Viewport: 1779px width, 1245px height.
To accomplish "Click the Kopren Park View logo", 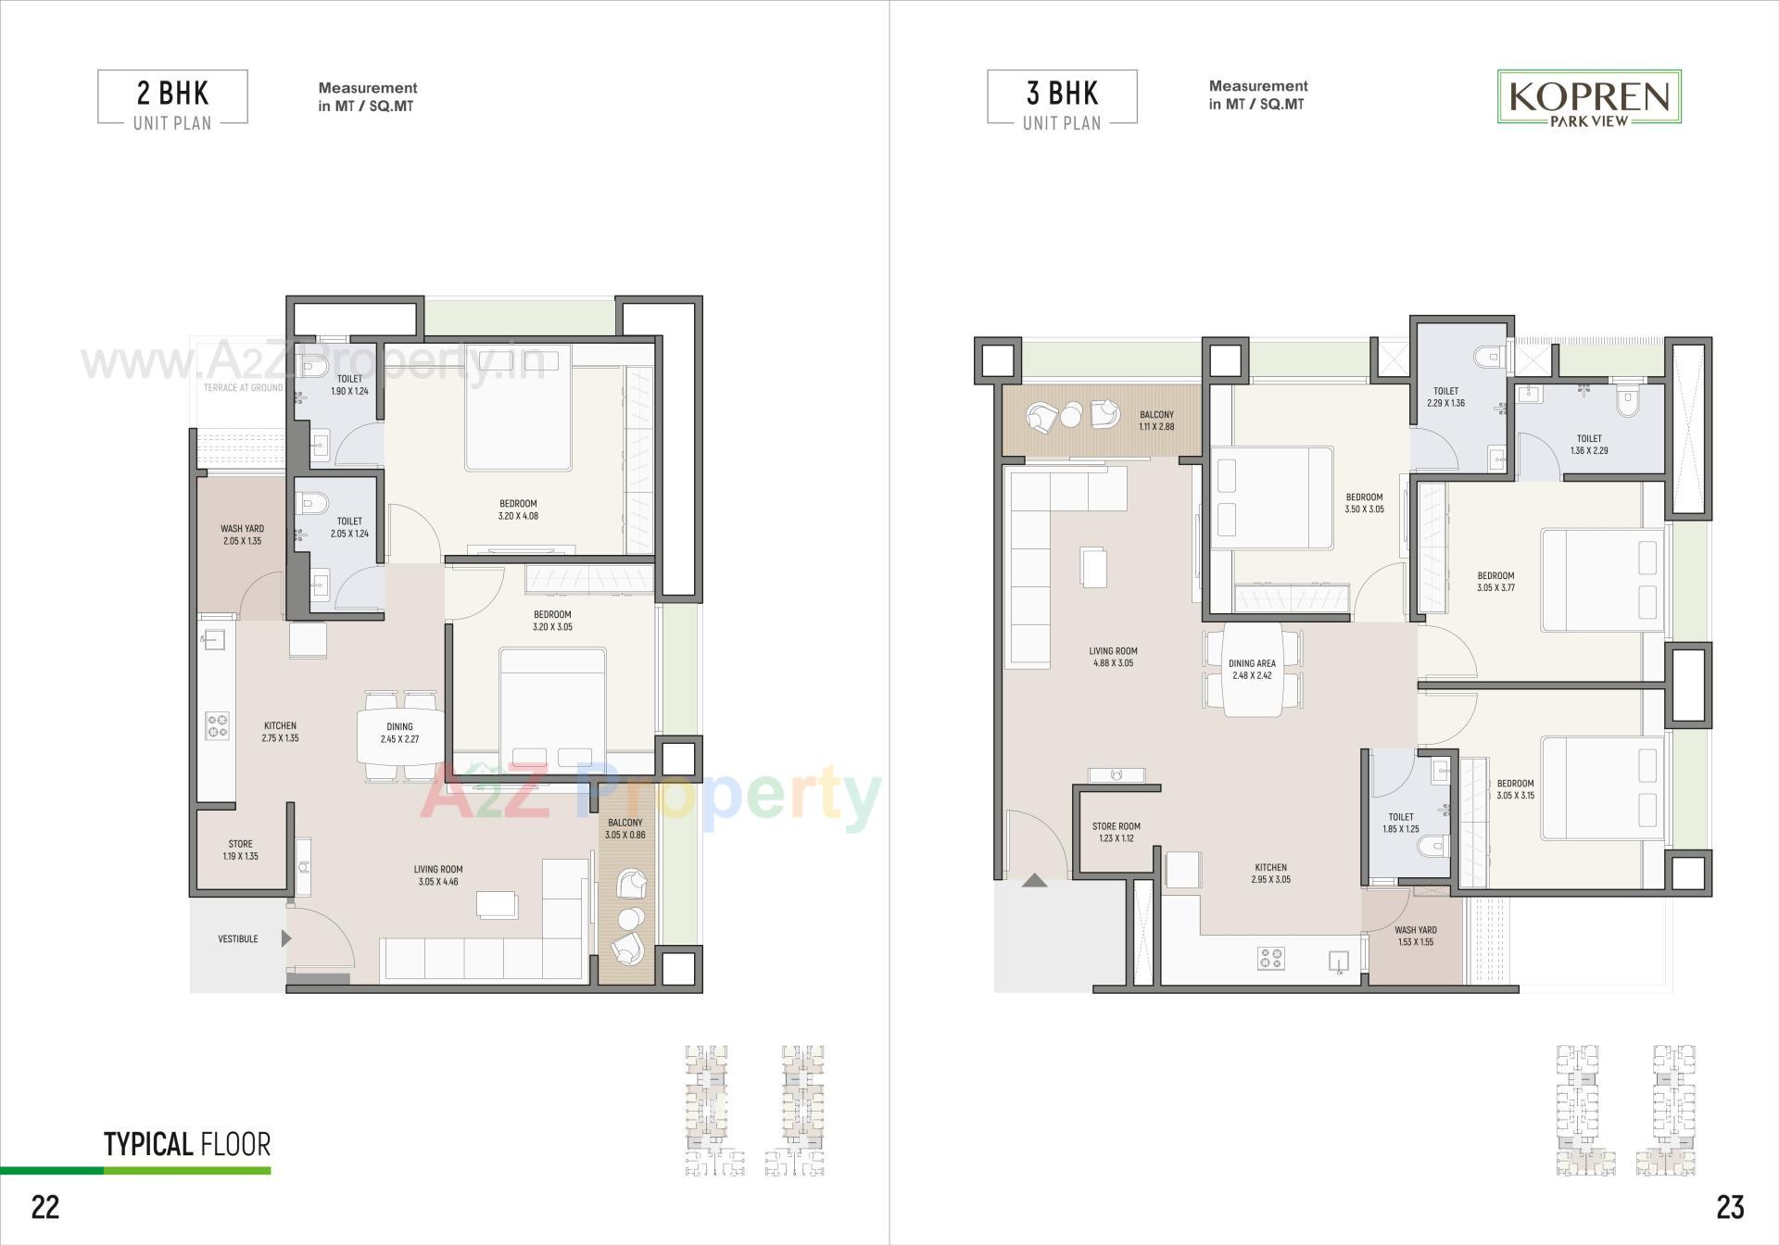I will pyautogui.click(x=1590, y=97).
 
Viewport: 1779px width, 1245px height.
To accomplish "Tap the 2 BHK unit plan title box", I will pyautogui.click(x=172, y=97).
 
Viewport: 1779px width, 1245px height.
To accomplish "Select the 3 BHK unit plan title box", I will pyautogui.click(x=1062, y=97).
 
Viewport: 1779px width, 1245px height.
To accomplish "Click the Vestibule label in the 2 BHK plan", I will pyautogui.click(x=238, y=938).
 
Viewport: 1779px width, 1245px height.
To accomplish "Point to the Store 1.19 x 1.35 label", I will pyautogui.click(x=240, y=850).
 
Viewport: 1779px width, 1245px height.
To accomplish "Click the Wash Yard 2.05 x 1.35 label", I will pyautogui.click(x=242, y=534).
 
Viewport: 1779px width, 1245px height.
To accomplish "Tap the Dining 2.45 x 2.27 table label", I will pyautogui.click(x=399, y=733).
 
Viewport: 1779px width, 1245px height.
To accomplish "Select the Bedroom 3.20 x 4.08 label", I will pyautogui.click(x=518, y=510).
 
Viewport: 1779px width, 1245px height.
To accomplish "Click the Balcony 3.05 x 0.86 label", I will pyautogui.click(x=625, y=828).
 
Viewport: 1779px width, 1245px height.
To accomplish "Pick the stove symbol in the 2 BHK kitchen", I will pyautogui.click(x=218, y=725).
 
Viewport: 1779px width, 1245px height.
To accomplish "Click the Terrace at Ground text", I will pyautogui.click(x=243, y=387).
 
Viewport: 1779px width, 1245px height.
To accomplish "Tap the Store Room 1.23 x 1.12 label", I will pyautogui.click(x=1116, y=832).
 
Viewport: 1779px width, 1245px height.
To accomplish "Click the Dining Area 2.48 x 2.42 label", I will pyautogui.click(x=1252, y=669).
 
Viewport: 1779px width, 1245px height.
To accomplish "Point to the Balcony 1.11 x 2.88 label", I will pyautogui.click(x=1156, y=421).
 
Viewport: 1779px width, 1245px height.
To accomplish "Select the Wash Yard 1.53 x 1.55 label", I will pyautogui.click(x=1415, y=936).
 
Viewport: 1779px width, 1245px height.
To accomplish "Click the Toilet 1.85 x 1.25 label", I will pyautogui.click(x=1400, y=823).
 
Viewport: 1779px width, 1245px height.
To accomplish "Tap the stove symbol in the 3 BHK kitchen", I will pyautogui.click(x=1270, y=958).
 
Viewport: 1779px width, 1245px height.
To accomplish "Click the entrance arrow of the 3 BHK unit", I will pyautogui.click(x=1035, y=881).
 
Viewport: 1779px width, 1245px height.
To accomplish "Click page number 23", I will pyautogui.click(x=1729, y=1206).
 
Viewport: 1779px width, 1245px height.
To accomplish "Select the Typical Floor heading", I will pyautogui.click(x=187, y=1144).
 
